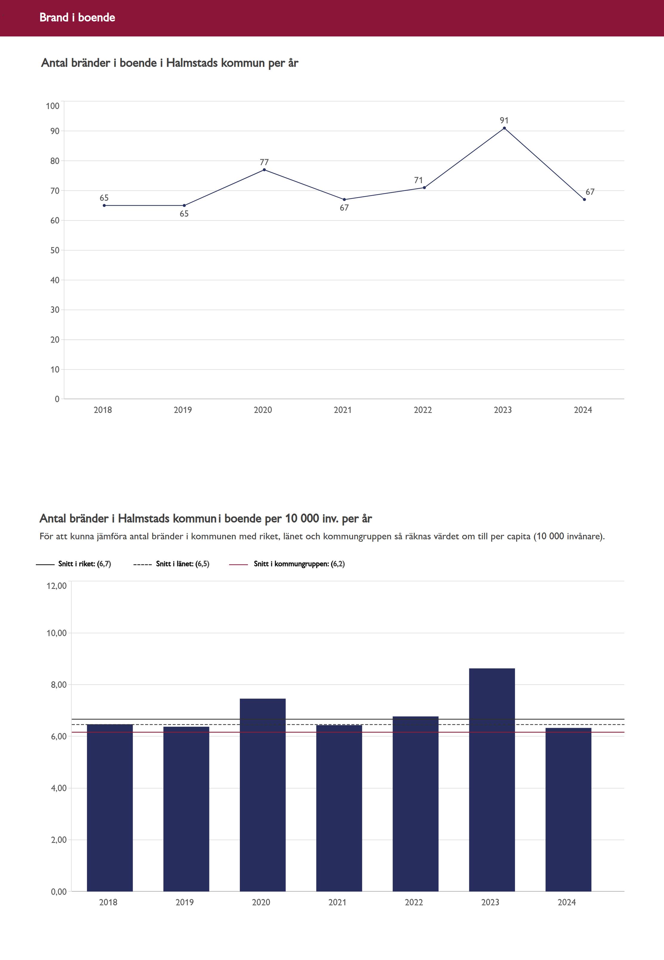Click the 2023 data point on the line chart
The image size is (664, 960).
(504, 128)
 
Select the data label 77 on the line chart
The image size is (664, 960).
(264, 162)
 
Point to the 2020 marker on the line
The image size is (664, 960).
(264, 170)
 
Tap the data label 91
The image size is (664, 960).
(504, 120)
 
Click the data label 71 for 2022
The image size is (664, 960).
(418, 180)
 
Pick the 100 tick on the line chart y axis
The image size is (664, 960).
(53, 106)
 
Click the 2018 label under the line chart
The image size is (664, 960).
(103, 410)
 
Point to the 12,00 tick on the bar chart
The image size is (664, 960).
(56, 586)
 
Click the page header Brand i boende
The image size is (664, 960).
(77, 17)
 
